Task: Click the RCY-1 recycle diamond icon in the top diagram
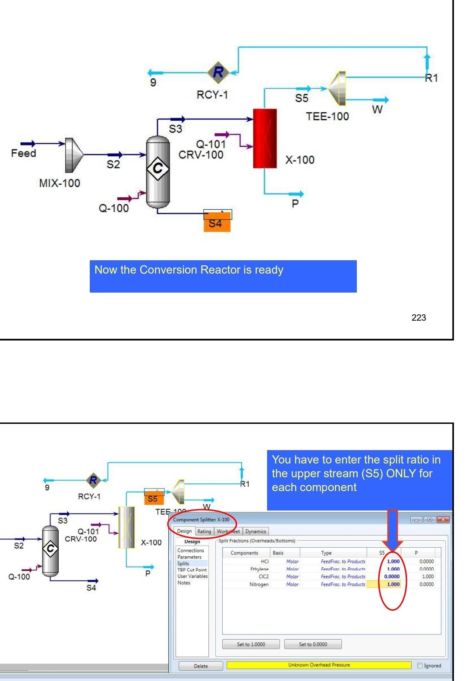coord(218,72)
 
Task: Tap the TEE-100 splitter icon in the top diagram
coord(337,88)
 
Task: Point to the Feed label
coord(24,153)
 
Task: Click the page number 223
coord(419,318)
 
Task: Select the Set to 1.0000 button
coord(251,644)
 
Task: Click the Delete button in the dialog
coord(201,666)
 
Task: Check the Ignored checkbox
coord(420,666)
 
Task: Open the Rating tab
coord(204,531)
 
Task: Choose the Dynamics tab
coord(255,531)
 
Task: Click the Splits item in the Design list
coord(183,564)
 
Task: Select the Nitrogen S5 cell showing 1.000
coord(393,584)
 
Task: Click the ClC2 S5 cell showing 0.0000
coord(392,577)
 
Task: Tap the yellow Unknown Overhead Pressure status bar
coord(319,665)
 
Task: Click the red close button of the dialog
coord(443,520)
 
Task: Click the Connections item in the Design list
coord(190,550)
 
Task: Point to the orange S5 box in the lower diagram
coord(153,499)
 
